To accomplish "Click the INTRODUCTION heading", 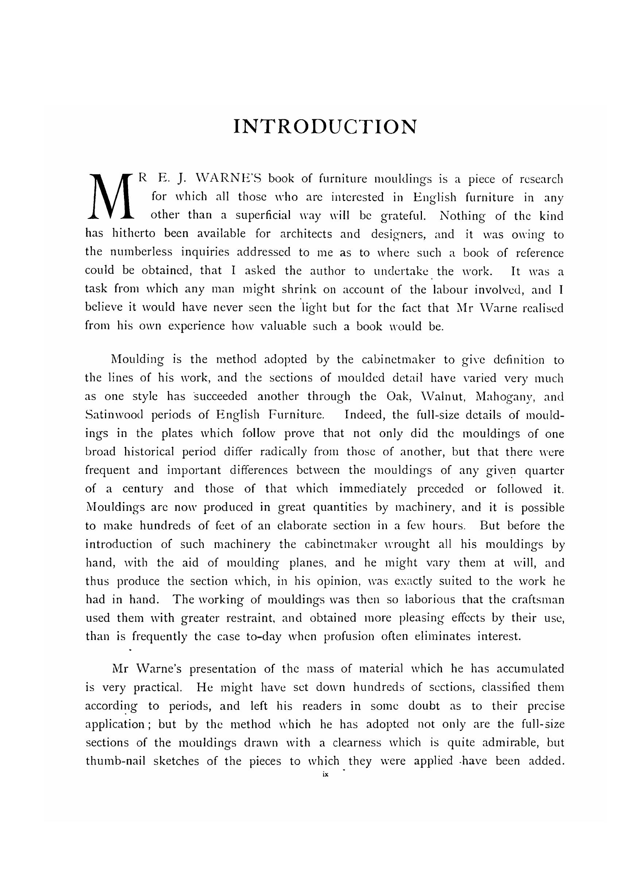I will click(325, 127).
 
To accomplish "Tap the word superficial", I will click(263, 215).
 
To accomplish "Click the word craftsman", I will click(538, 600).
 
